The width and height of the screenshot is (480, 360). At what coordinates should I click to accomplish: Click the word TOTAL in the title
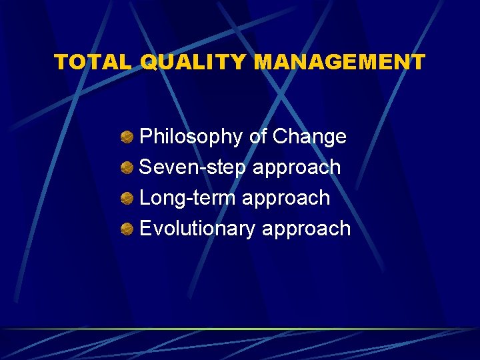coord(94,62)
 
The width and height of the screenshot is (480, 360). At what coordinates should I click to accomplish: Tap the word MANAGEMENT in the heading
coord(340,62)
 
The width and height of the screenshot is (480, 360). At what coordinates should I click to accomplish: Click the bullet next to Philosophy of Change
coord(127,137)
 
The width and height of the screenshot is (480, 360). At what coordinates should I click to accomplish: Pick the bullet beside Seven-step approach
coord(127,168)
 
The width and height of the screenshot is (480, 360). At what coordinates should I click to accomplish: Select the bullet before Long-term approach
coord(127,199)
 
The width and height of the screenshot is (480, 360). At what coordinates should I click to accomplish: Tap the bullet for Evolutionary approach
coord(127,229)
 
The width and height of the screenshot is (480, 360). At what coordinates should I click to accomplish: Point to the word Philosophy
coord(191,137)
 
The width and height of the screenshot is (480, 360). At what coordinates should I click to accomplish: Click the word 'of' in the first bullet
coord(258,137)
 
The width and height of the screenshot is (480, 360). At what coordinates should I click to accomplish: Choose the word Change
coord(310,137)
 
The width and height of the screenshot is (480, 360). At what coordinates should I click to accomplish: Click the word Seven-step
coord(193,167)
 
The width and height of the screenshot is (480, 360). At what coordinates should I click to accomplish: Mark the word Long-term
coord(187,198)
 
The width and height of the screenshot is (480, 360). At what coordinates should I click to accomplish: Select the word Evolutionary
coord(197,229)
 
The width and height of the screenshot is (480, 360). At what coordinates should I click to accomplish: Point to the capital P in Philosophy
coord(146,137)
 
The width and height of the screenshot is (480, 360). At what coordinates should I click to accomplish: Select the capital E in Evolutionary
coord(146,229)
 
